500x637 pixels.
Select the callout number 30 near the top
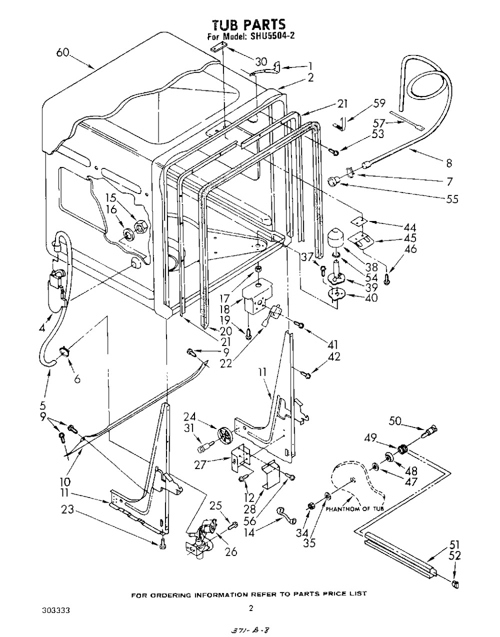[x=261, y=62]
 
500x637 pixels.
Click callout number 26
[x=230, y=552]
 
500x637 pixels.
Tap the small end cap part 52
[x=455, y=583]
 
